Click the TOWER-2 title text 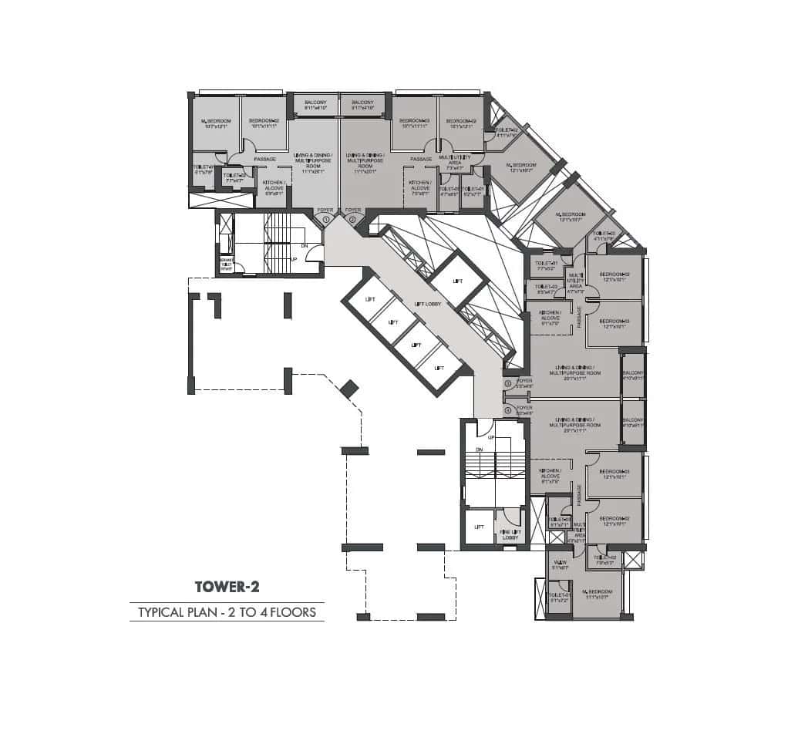point(227,586)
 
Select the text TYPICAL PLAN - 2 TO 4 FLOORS point(227,613)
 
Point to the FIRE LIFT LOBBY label point(510,534)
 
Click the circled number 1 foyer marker point(326,220)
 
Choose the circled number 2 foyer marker point(353,220)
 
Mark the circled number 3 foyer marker point(507,383)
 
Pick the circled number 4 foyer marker point(507,410)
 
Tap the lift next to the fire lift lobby point(479,527)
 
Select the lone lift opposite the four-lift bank point(457,281)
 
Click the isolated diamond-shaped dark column point(349,389)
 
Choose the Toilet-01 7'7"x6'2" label point(545,266)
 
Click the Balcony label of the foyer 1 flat point(315,105)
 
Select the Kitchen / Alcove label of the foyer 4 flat point(550,473)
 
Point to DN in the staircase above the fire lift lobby point(479,450)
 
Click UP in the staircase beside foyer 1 point(294,259)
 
